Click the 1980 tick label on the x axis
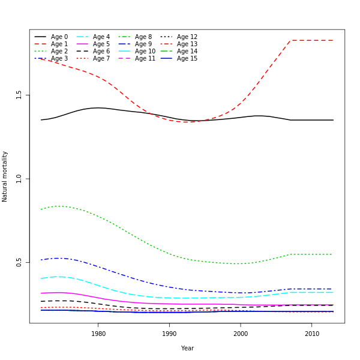[x=98, y=334]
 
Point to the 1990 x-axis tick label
[x=169, y=334]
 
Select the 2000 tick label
[x=241, y=334]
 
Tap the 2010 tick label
[x=312, y=334]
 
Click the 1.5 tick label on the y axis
[x=19, y=95]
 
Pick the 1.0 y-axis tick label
[x=19, y=179]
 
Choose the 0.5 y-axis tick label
[x=19, y=263]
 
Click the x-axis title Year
[x=187, y=348]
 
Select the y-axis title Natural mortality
[x=5, y=176]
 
